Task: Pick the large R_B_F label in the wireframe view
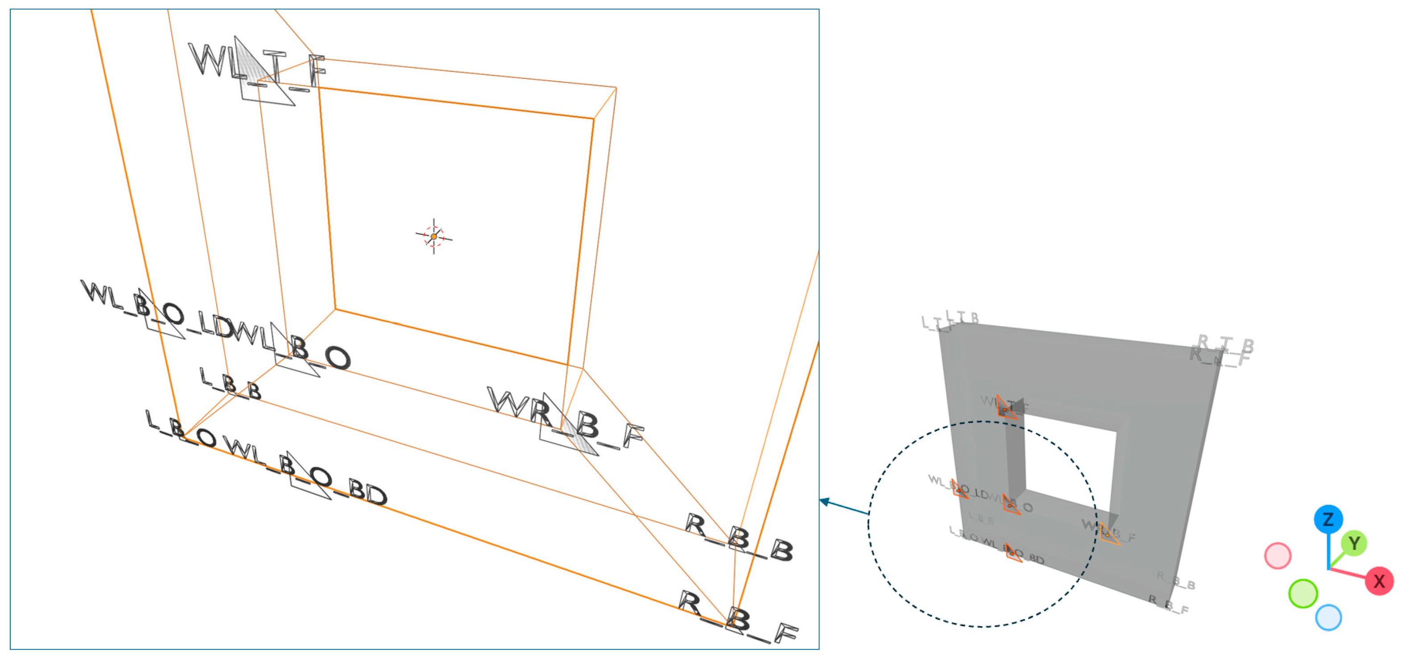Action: tap(737, 618)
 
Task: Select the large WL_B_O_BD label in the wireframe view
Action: tap(305, 472)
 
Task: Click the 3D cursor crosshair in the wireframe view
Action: tap(434, 237)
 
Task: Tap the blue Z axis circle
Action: tap(1328, 519)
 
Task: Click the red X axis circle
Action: tap(1379, 581)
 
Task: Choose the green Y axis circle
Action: tap(1353, 543)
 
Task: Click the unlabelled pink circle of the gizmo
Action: tap(1277, 556)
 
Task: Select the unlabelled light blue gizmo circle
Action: tap(1328, 618)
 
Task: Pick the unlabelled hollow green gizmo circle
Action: tap(1303, 593)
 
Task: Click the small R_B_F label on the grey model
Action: tap(1168, 604)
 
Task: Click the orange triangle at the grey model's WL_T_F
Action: tap(1006, 407)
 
